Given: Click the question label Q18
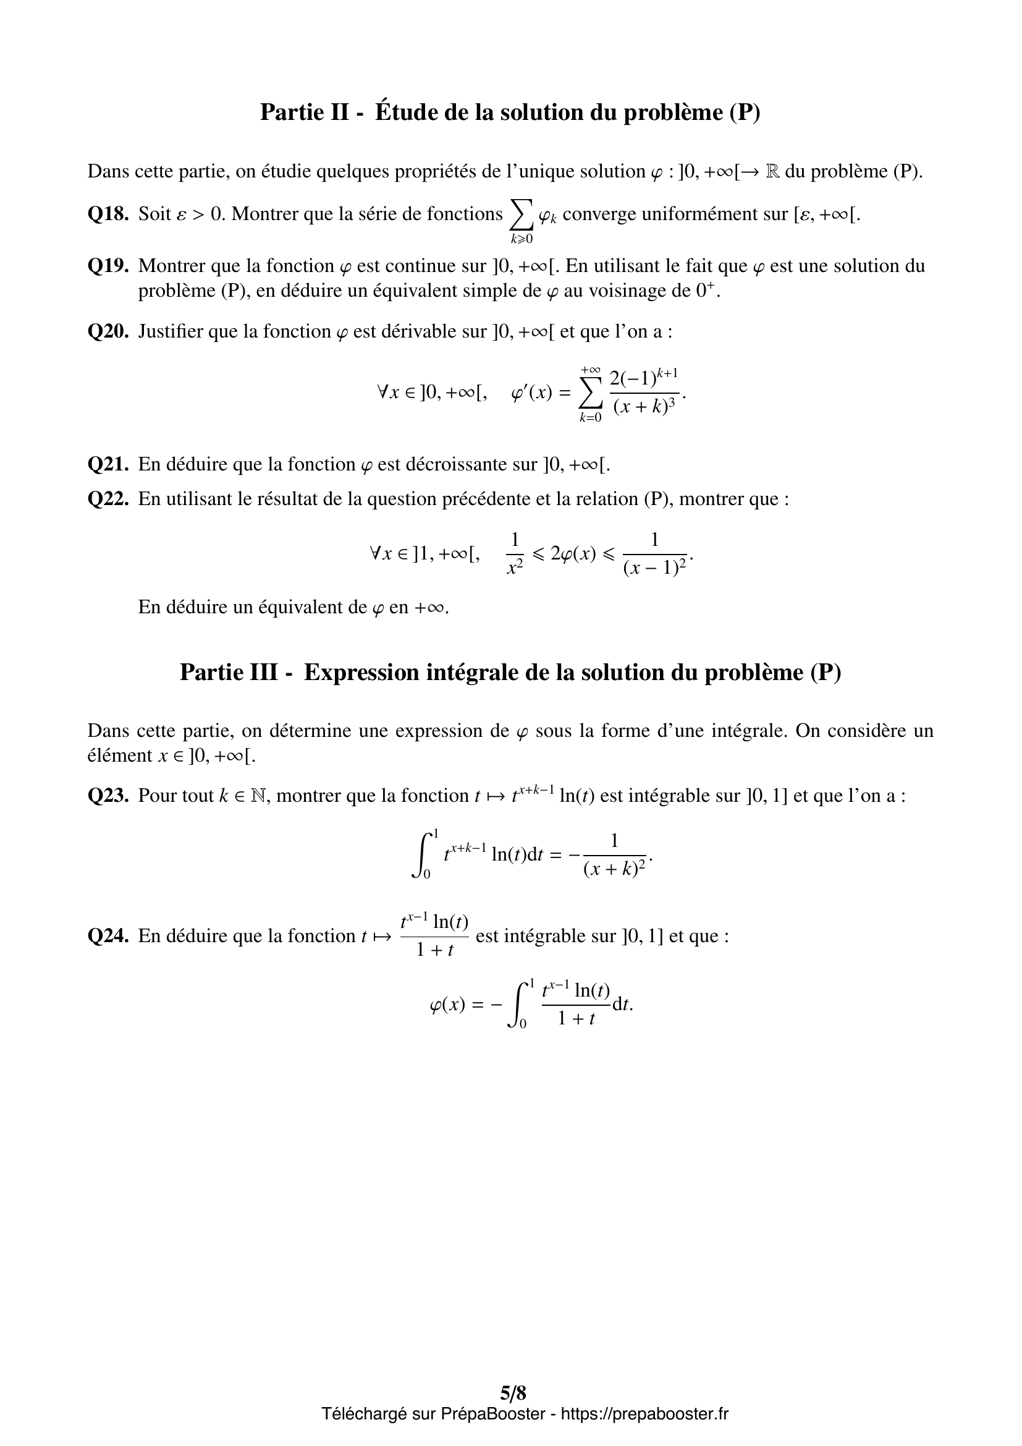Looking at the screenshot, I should (108, 215).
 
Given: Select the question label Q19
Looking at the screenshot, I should (108, 266).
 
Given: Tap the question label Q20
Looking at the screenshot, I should (108, 332).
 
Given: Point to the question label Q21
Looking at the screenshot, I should (108, 465).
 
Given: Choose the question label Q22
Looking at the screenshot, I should (108, 500).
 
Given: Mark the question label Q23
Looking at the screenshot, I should (108, 796).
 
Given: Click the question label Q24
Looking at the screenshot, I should (108, 936).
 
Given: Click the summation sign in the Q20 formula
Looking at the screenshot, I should (589, 394).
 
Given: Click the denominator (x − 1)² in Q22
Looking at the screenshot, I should (655, 569).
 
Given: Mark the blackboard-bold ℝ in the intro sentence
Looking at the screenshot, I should (772, 171).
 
